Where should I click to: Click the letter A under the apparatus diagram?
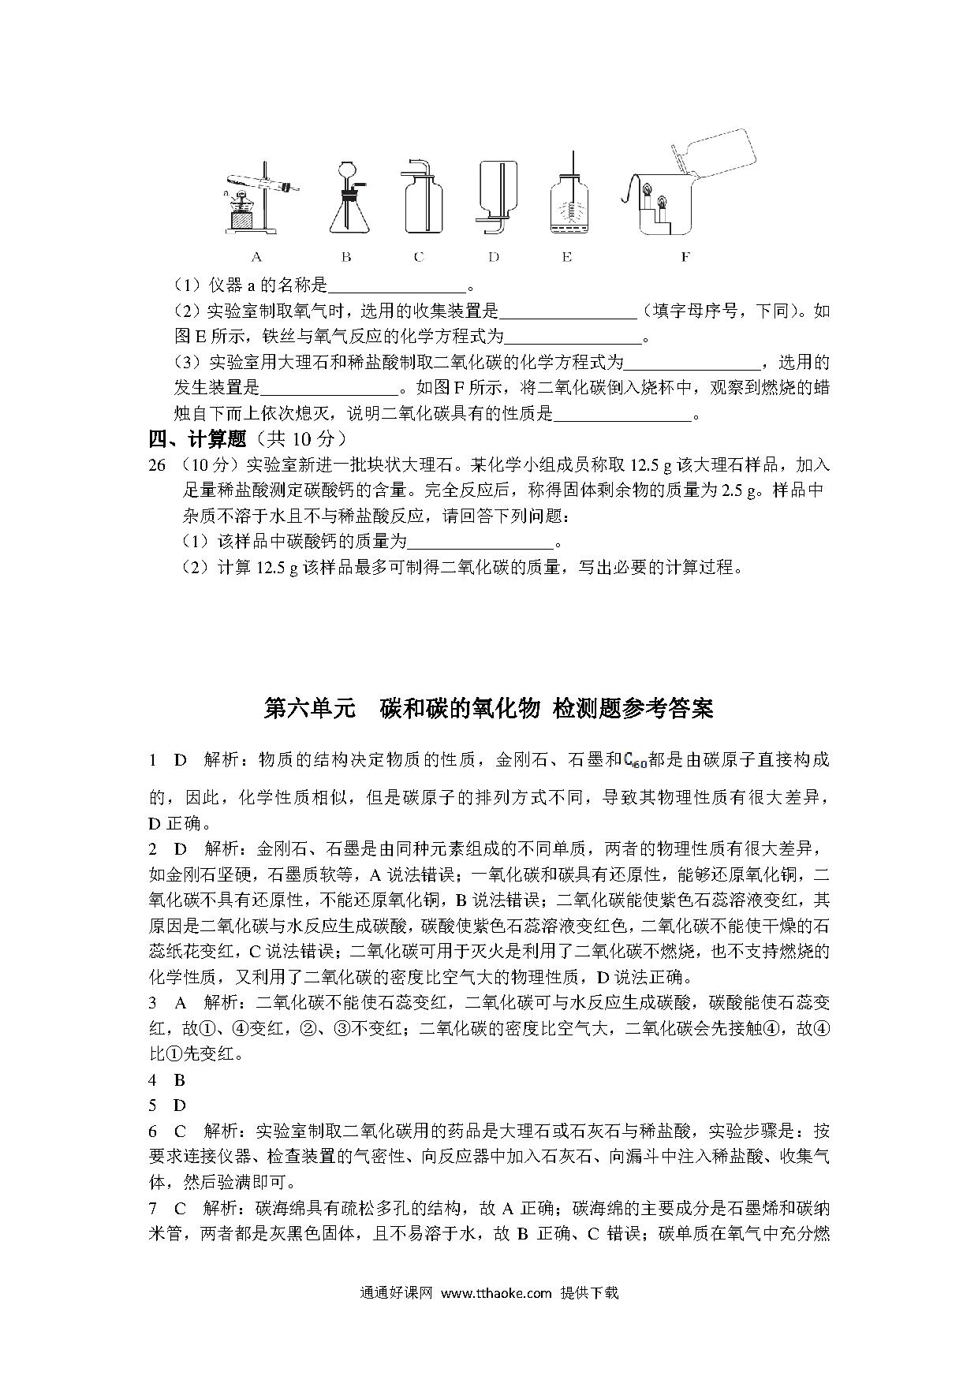coord(256,256)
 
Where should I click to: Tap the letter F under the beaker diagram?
coord(685,256)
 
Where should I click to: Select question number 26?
coord(157,465)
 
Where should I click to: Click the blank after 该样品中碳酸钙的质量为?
coord(480,542)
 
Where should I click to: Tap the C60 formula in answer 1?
coord(635,761)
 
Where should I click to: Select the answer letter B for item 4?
coord(180,1080)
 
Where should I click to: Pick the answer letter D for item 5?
coord(180,1105)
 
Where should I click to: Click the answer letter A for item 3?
coord(180,1003)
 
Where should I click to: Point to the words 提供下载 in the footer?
coord(589,1293)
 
